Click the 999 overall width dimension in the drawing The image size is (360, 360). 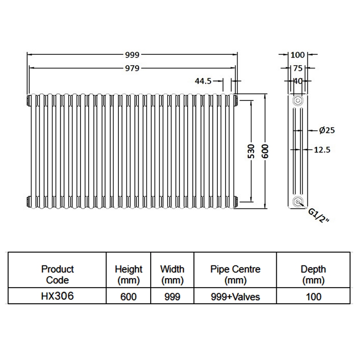point(132,55)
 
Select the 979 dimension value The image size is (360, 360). point(132,68)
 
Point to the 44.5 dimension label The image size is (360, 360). point(203,81)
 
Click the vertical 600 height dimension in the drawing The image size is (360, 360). point(265,152)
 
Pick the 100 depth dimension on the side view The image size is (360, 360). point(297,55)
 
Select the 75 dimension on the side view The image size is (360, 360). point(297,68)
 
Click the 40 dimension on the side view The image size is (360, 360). point(297,81)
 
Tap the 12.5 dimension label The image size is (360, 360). point(322,150)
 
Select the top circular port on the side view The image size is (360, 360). point(297,100)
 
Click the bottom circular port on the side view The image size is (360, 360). point(297,202)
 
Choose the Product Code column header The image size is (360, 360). point(58,274)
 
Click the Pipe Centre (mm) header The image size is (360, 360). point(235,274)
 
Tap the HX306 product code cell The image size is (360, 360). point(58,296)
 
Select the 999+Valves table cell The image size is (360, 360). point(235,297)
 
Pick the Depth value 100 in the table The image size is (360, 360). point(314,297)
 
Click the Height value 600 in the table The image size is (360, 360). point(128,297)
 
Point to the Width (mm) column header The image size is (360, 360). point(172,274)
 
